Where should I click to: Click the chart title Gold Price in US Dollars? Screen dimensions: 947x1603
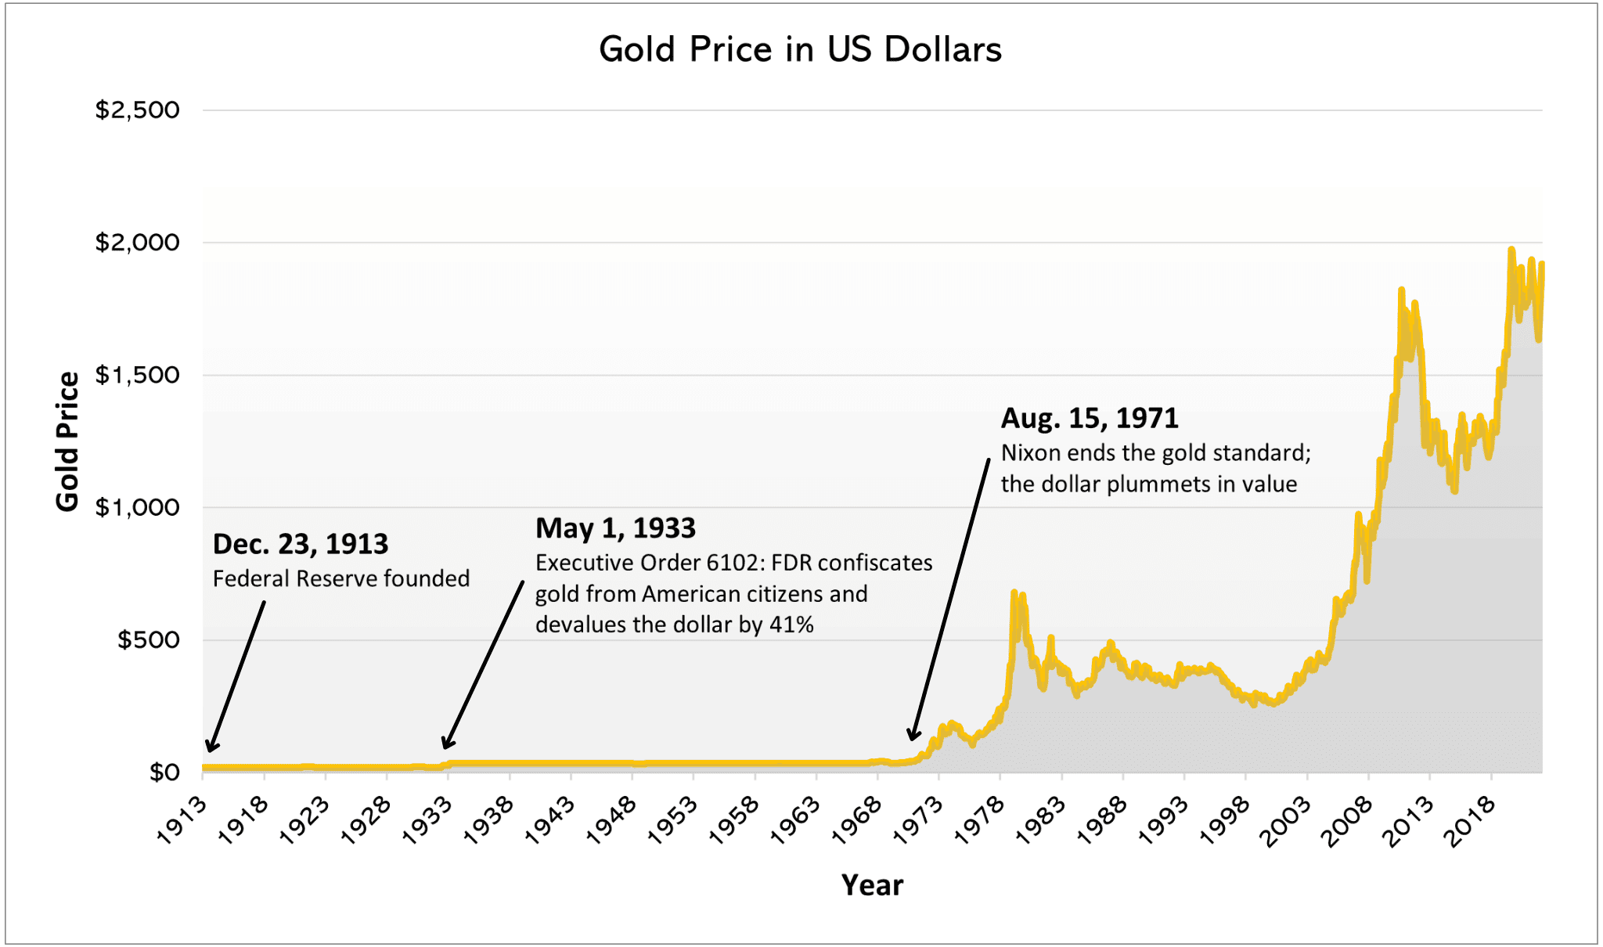[800, 50]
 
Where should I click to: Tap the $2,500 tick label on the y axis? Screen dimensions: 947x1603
[137, 110]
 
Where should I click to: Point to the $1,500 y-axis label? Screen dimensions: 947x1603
[137, 375]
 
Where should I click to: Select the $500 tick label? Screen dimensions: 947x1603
[148, 640]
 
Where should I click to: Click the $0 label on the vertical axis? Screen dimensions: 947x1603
[164, 772]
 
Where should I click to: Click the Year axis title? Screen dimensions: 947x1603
[872, 885]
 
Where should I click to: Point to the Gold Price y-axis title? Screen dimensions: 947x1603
[68, 441]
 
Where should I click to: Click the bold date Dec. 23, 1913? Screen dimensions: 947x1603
[300, 544]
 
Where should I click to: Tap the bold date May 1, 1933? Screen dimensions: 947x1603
[615, 528]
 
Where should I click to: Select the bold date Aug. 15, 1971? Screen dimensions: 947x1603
[1089, 418]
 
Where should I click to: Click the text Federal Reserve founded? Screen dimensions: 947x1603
[341, 579]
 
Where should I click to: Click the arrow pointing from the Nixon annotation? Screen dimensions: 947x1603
[949, 599]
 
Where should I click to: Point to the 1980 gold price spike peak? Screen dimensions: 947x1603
[1014, 593]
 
